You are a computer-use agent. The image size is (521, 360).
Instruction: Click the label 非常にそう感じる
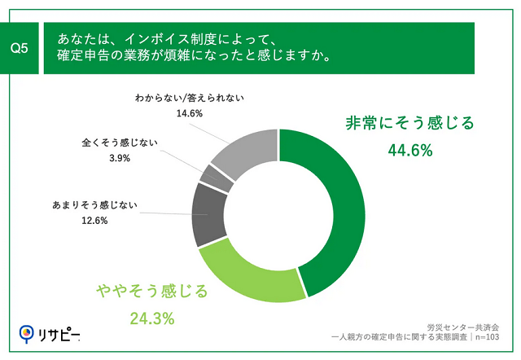coord(409,125)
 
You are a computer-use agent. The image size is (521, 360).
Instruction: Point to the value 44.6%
coord(409,151)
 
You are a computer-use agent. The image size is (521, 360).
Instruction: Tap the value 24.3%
coord(153,318)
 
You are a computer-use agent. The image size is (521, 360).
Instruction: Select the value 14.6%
coord(190,114)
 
